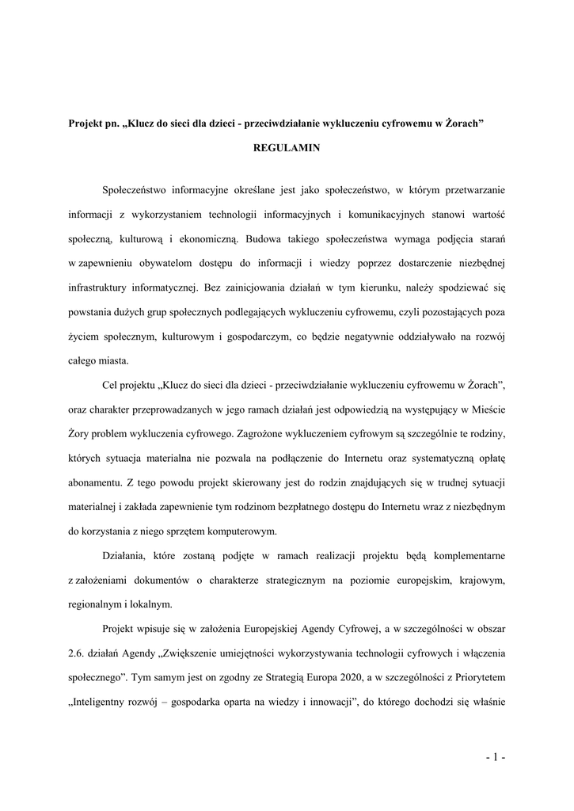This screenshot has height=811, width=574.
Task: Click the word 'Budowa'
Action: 264,238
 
